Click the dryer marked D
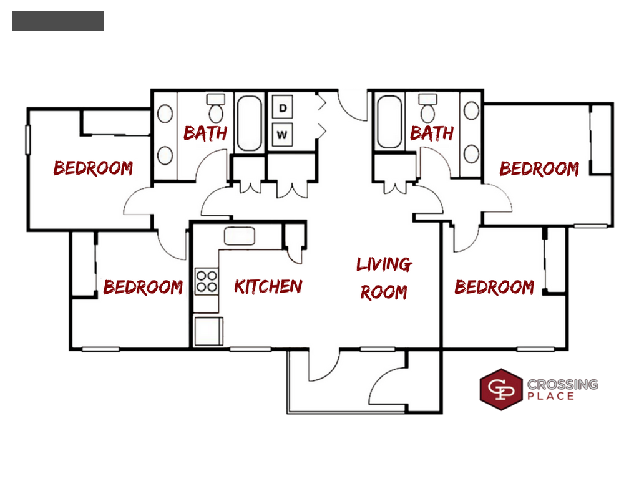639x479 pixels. (283, 109)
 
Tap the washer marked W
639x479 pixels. (283, 133)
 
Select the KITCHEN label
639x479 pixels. (268, 286)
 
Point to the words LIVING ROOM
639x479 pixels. (384, 278)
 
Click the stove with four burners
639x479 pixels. (207, 281)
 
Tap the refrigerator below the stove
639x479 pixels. (208, 331)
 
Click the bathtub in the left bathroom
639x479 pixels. (250, 123)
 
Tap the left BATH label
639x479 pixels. (205, 133)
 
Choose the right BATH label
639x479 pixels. (432, 132)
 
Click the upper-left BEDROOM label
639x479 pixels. (93, 168)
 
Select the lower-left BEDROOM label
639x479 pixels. (143, 287)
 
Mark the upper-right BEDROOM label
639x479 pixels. (539, 168)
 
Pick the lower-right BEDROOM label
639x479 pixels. (494, 288)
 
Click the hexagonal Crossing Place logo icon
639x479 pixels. (500, 390)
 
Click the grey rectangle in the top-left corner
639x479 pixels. (58, 21)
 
